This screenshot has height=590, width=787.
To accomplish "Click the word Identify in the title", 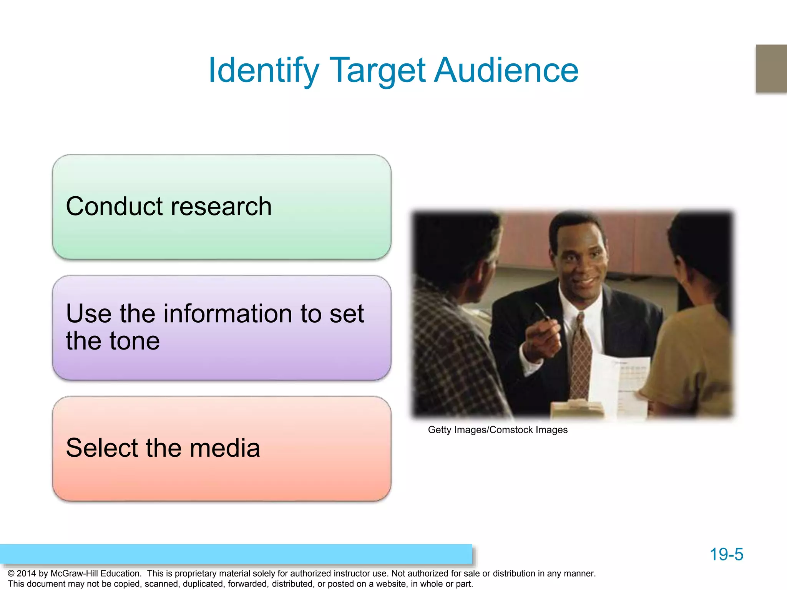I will point(264,71).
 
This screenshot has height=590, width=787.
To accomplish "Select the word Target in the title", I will point(378,71).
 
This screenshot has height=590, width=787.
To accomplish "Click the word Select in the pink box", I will point(102,448).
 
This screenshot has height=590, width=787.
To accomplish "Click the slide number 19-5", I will point(726,554).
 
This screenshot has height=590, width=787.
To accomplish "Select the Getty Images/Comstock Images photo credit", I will point(498,430).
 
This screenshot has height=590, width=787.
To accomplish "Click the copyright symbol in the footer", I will point(11,573).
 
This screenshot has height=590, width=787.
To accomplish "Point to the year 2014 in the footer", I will point(26,573).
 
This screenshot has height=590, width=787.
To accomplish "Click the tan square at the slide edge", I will point(771,69).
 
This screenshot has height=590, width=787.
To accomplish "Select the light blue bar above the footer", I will point(236,554).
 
